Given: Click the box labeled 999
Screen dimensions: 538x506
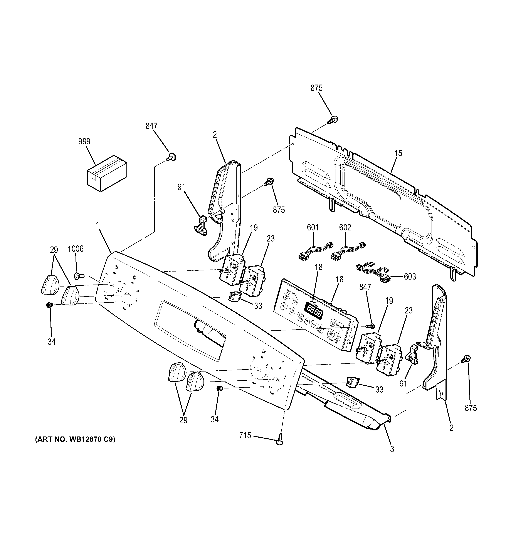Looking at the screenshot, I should click(x=107, y=174).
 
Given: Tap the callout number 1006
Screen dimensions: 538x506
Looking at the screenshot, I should click(x=76, y=249).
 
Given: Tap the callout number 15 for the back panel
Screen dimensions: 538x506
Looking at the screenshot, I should click(x=398, y=153).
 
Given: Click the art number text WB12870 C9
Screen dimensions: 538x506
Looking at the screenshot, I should click(x=75, y=440).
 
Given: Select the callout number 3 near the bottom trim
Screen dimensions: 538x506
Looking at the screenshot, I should click(x=392, y=449).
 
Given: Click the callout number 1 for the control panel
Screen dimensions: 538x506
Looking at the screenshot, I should click(x=98, y=224).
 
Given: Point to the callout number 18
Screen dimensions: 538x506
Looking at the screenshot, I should click(x=319, y=267).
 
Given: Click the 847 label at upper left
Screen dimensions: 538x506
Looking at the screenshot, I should click(x=151, y=126).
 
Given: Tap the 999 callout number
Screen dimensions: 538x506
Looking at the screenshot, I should click(x=84, y=141).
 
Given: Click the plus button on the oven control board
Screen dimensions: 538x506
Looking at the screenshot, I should click(x=307, y=321).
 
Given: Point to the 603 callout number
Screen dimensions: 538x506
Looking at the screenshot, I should click(x=410, y=276).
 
